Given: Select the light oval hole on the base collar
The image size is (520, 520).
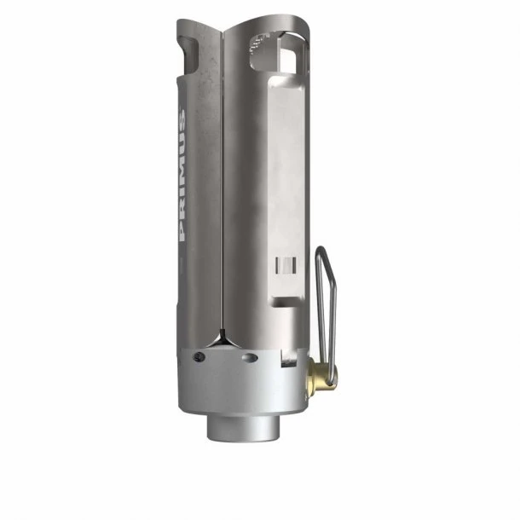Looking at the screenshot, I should pyautogui.click(x=248, y=359).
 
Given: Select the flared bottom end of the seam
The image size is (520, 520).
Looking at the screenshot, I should pyautogui.click(x=220, y=338).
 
